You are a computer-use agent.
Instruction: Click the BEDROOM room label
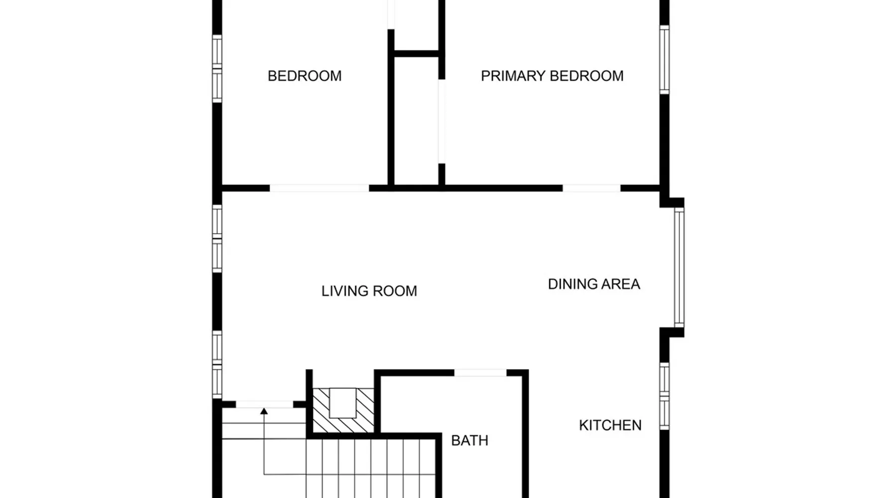[305, 76]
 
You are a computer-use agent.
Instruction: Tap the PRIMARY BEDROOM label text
[552, 76]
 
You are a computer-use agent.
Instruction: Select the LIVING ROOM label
[369, 291]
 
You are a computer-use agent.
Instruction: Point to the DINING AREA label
[594, 284]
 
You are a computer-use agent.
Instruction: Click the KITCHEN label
[610, 425]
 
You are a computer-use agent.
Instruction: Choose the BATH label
[469, 440]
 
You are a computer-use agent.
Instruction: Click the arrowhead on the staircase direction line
[264, 411]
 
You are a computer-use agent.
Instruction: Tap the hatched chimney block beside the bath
[343, 410]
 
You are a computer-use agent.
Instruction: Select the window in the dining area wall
[679, 267]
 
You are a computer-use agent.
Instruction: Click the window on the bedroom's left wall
[217, 69]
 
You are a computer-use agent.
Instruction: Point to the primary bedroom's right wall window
[665, 59]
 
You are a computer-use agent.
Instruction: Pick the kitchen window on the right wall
[665, 396]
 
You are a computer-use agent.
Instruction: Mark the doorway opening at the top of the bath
[480, 373]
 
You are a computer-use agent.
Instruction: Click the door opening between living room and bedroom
[320, 188]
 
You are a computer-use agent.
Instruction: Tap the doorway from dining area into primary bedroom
[591, 188]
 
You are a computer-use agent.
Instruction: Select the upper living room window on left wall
[217, 239]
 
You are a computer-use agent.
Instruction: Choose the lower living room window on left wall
[217, 365]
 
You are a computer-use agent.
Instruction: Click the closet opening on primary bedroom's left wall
[442, 121]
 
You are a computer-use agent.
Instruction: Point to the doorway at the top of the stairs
[264, 404]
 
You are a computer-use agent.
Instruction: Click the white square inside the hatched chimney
[343, 403]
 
